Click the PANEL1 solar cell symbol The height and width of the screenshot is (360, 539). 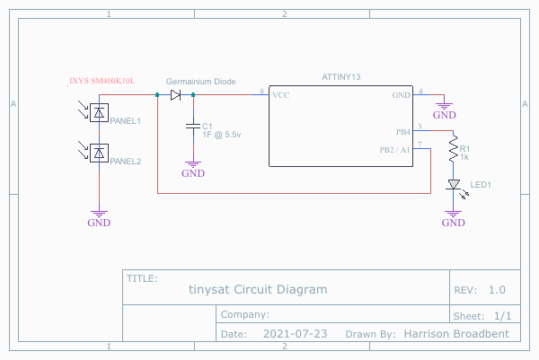click(x=100, y=113)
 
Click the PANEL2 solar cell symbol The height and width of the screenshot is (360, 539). click(x=100, y=152)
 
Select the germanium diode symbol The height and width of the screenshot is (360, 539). click(x=176, y=94)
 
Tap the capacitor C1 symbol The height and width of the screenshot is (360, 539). click(x=192, y=126)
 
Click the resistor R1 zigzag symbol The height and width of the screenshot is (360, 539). click(x=454, y=154)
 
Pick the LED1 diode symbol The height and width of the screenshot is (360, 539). click(x=454, y=186)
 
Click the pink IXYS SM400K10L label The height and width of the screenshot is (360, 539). click(x=102, y=81)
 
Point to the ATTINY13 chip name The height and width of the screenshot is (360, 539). click(x=340, y=79)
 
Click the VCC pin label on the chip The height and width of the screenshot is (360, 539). click(x=280, y=94)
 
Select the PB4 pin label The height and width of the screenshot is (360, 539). click(x=402, y=130)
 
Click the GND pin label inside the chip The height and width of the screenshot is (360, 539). click(x=401, y=94)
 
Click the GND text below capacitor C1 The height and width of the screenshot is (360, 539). click(x=193, y=174)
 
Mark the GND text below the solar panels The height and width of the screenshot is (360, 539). click(x=99, y=223)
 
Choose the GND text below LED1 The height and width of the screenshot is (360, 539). click(x=454, y=223)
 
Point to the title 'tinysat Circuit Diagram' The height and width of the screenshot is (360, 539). click(x=258, y=290)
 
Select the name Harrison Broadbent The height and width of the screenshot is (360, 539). click(x=456, y=334)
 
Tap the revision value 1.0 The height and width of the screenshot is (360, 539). click(x=497, y=290)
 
